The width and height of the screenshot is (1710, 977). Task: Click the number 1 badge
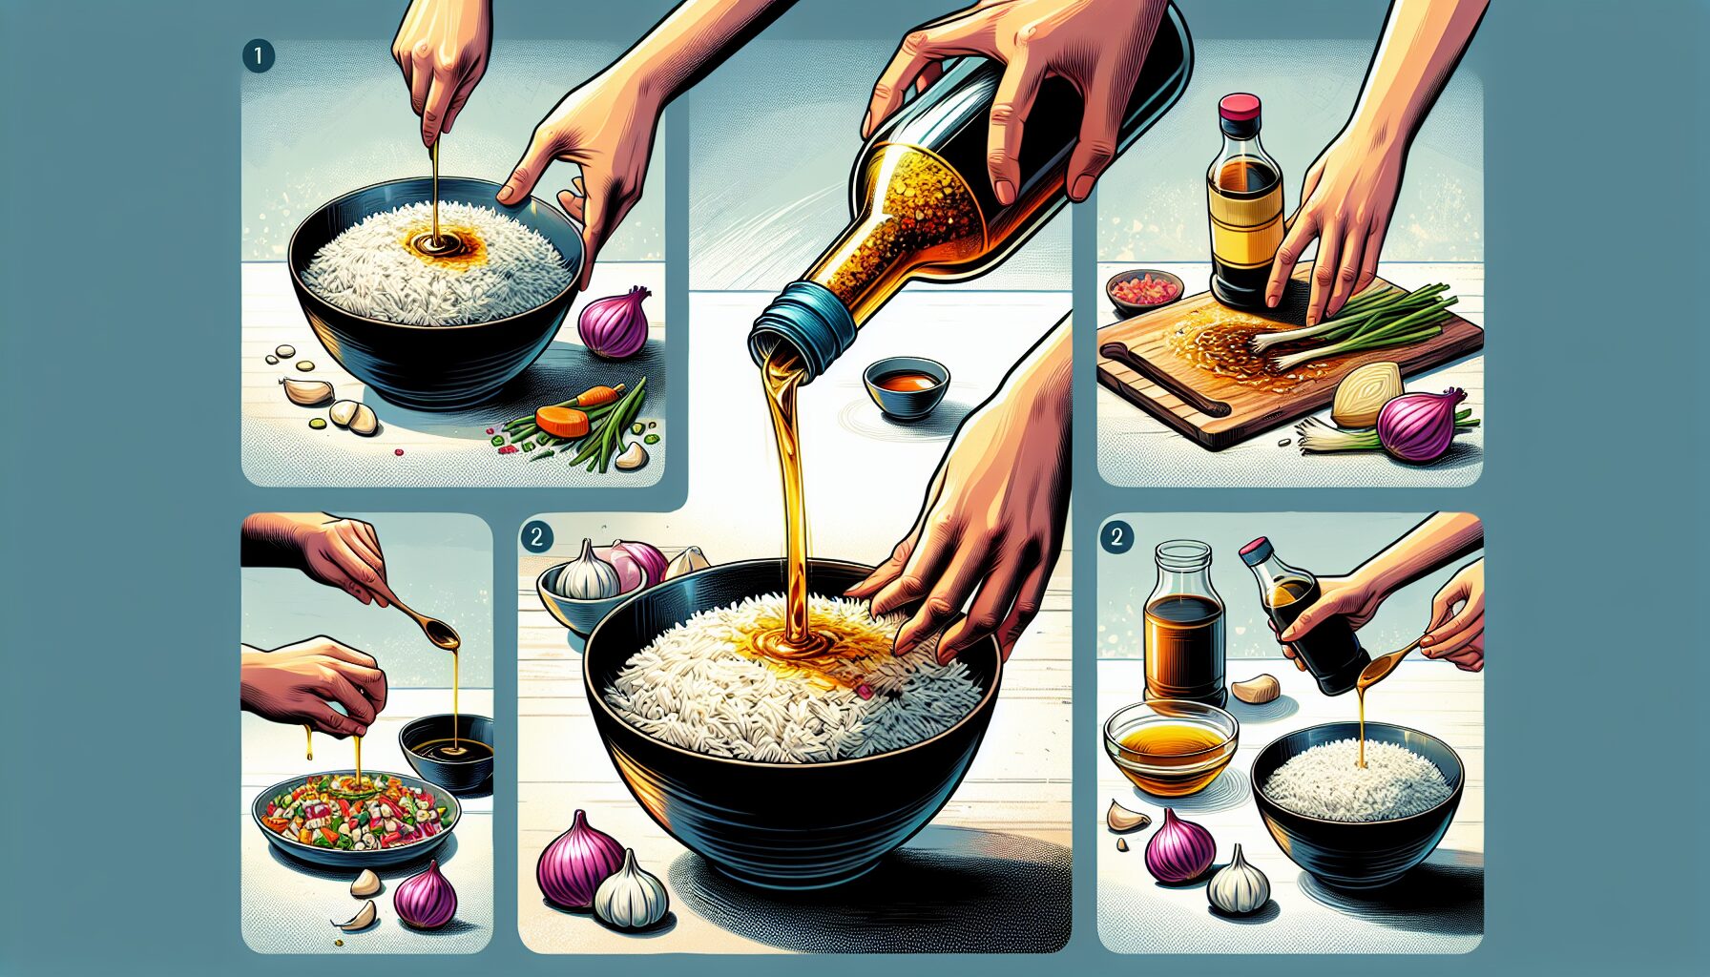[259, 56]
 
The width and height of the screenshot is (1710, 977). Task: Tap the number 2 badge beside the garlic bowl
[536, 536]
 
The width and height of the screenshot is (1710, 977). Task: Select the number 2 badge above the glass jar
[1116, 536]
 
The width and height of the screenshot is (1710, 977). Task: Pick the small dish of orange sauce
[907, 385]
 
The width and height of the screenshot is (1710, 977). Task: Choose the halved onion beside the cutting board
[1366, 393]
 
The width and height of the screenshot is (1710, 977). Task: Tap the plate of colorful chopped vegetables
[356, 816]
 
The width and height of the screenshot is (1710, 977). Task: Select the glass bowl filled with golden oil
[1170, 748]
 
